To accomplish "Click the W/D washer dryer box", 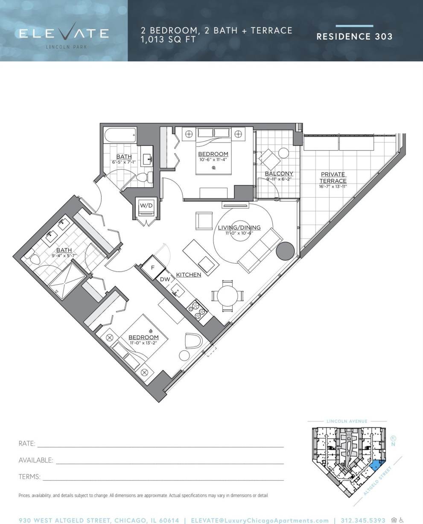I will tap(146, 206).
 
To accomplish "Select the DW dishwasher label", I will tap(165, 279).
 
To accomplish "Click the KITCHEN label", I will tap(189, 274).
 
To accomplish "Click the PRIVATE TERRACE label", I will tap(333, 178).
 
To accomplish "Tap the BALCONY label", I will tap(279, 173).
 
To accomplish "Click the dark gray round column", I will tap(285, 251).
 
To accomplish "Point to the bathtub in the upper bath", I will tap(120, 136).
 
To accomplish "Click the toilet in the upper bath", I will tap(147, 178).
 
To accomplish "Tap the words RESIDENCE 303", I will tap(354, 36).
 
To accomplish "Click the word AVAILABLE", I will tap(36, 460).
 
